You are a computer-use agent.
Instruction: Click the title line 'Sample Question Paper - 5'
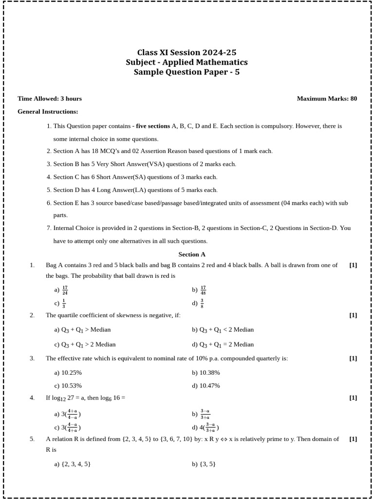pos(187,73)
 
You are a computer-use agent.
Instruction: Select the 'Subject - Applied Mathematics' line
pos(187,62)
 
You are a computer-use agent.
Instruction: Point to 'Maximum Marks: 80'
pos(327,98)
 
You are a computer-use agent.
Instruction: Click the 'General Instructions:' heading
pos(48,112)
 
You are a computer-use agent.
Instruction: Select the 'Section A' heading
pos(192,254)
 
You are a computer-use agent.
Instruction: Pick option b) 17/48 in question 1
pos(199,290)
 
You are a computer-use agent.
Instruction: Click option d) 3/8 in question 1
pos(198,303)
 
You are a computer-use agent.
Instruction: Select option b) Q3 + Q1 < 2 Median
pos(223,330)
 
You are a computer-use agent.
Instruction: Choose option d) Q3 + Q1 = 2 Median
pos(223,345)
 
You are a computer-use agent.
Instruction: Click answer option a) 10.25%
pos(68,373)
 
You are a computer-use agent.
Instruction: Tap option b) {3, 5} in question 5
pos(204,464)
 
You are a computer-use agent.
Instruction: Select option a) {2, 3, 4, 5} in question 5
pos(73,464)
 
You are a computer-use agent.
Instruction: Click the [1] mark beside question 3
pos(353,359)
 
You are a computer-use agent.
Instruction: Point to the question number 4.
pos(32,398)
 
